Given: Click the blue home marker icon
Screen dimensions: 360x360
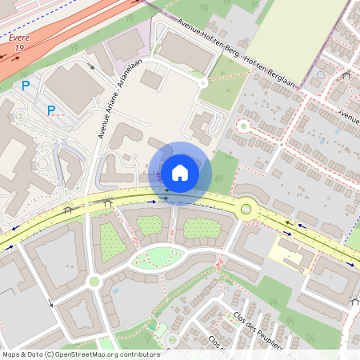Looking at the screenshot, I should pyautogui.click(x=180, y=172).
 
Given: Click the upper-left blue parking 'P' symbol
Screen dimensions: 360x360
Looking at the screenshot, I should pyautogui.click(x=26, y=85).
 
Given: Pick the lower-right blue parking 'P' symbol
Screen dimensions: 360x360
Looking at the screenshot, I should pyautogui.click(x=51, y=110).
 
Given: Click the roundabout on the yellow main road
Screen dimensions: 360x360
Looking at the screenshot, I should pyautogui.click(x=246, y=209).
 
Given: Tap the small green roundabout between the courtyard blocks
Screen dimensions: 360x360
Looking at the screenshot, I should pyautogui.click(x=94, y=281).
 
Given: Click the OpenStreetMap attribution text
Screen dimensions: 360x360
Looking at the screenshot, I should pyautogui.click(x=80, y=354).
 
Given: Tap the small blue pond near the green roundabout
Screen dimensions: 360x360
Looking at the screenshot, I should pyautogui.click(x=114, y=290).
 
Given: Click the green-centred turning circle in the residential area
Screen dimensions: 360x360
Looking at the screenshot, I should pyautogui.click(x=243, y=126).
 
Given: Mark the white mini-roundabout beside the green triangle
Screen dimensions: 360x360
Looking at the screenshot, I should pyautogui.click(x=203, y=82).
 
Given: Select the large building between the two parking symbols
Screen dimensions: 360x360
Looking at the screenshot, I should pyautogui.click(x=73, y=87).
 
